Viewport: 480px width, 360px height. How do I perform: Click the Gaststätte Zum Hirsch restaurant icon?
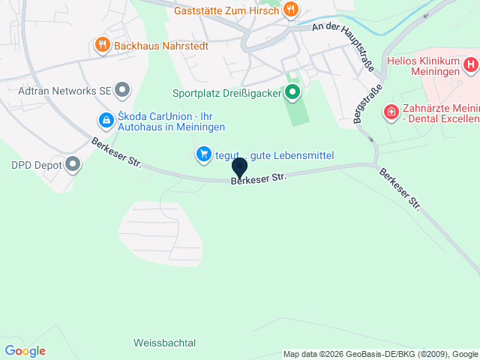tap(291, 10)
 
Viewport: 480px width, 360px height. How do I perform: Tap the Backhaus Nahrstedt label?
tap(161, 45)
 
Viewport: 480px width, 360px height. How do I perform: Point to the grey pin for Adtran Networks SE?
tap(124, 91)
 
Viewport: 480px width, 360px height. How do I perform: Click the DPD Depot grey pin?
tap(73, 163)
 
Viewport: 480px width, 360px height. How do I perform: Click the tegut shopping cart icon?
tap(202, 154)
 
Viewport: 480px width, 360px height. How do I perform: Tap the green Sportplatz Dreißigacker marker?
tap(292, 93)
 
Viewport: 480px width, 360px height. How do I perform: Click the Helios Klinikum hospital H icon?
tap(470, 64)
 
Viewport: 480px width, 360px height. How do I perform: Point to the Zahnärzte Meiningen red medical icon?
tap(391, 112)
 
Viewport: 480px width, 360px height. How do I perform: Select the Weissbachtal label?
tap(164, 343)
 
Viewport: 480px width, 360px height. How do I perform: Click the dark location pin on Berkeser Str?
tap(240, 167)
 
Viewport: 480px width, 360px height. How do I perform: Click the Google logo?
tap(25, 350)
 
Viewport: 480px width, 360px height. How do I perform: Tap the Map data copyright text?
tap(381, 354)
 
